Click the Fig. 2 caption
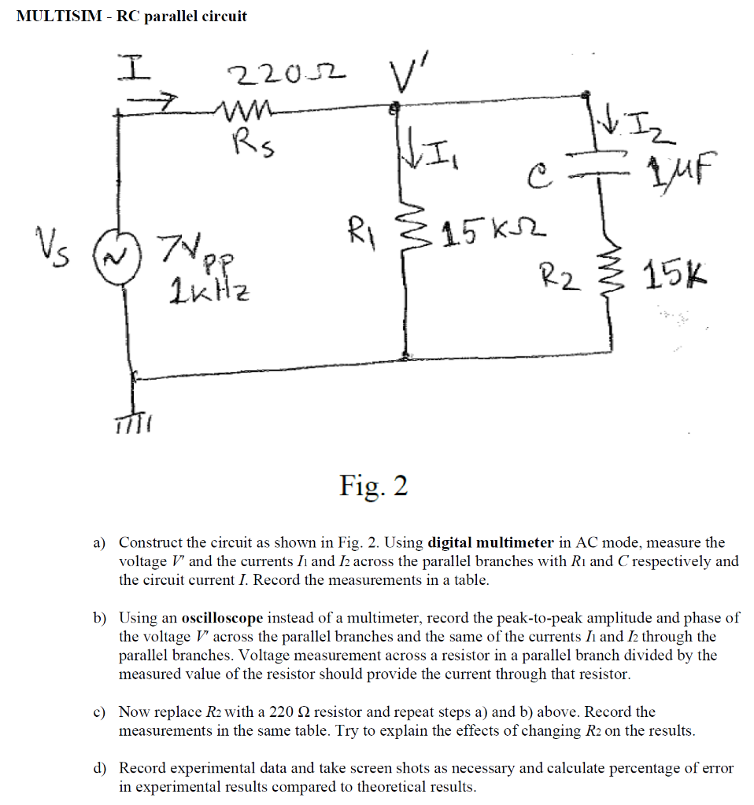pos(374,486)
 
